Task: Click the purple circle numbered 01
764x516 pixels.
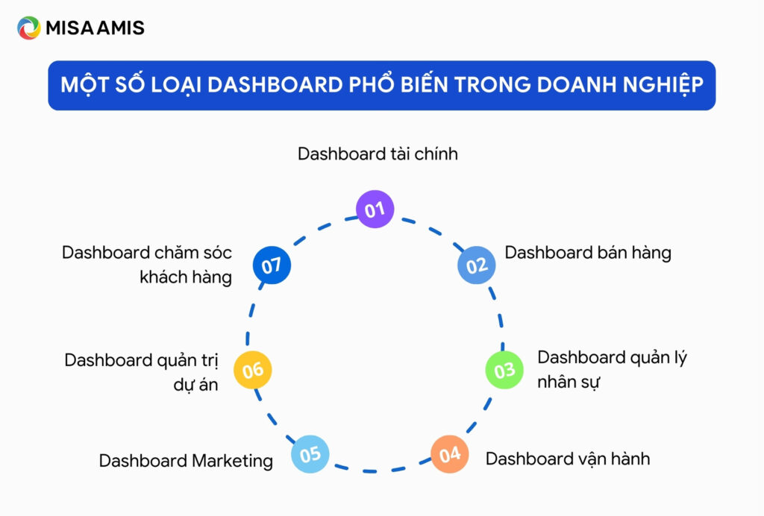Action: (x=375, y=210)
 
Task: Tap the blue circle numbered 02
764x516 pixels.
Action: (x=476, y=265)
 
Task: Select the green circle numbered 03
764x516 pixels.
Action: (x=504, y=370)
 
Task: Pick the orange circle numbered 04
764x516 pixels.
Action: (x=450, y=454)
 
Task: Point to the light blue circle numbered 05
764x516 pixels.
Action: (x=310, y=454)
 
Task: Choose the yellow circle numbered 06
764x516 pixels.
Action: (x=253, y=370)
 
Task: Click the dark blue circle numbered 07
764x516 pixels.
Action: (x=271, y=265)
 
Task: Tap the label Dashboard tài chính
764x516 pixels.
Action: (x=378, y=154)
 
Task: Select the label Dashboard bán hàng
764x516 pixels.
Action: (x=588, y=253)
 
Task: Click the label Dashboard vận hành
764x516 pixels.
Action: (x=568, y=459)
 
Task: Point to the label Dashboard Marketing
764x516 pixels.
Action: (x=186, y=461)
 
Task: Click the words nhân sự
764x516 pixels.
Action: (x=569, y=383)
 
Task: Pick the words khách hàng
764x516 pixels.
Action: (x=186, y=277)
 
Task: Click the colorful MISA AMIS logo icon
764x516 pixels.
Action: (x=29, y=28)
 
